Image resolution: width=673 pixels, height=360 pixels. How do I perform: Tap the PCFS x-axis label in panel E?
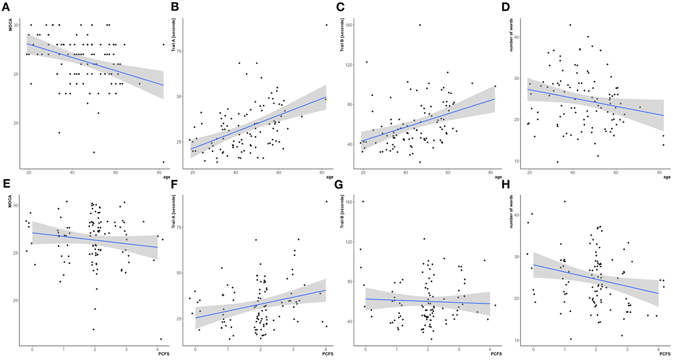[164, 354]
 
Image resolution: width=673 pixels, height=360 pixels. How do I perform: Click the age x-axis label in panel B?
[330, 177]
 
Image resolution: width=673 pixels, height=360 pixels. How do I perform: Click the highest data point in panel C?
[420, 25]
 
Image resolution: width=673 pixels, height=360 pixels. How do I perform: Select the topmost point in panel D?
[570, 25]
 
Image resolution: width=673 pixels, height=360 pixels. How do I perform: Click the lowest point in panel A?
[164, 162]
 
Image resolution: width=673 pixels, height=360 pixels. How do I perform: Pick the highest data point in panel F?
[326, 202]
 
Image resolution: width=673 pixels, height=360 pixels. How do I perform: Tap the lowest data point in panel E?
[161, 339]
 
